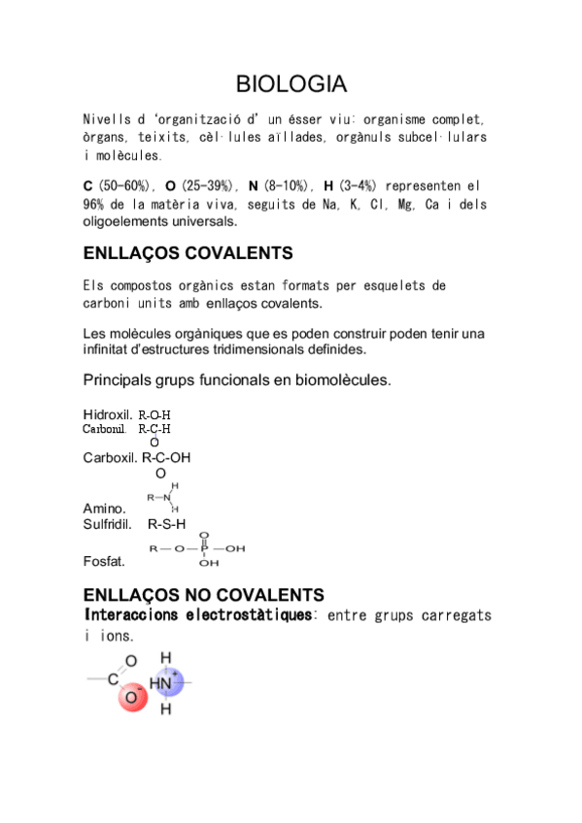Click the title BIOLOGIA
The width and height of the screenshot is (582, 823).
291,83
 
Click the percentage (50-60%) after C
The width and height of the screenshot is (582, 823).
124,185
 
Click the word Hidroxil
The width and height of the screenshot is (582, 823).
108,414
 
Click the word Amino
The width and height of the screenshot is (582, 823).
104,508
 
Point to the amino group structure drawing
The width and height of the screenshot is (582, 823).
164,497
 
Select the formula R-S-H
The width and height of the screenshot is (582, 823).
166,524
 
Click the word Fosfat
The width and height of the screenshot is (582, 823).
104,561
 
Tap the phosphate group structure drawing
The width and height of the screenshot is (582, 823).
197,548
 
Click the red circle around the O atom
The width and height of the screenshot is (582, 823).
131,697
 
